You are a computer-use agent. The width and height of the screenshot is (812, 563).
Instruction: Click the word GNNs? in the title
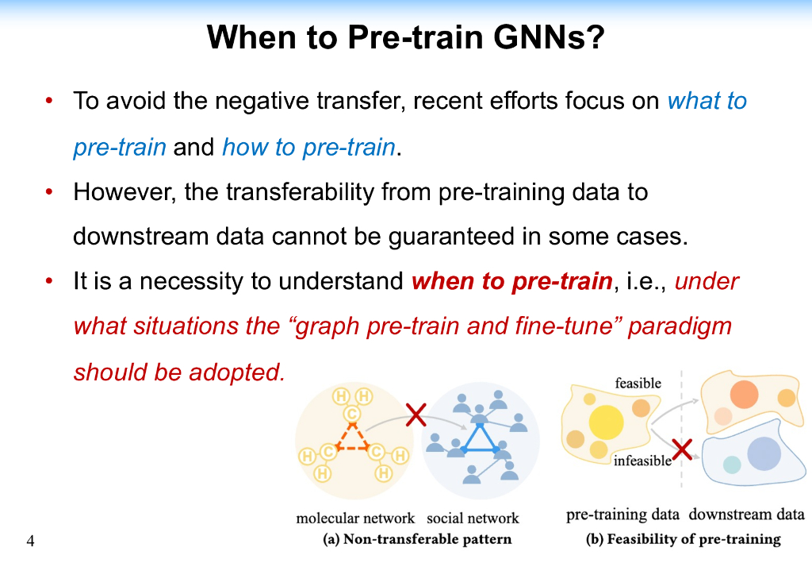click(549, 37)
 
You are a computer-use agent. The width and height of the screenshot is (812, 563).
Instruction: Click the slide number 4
click(31, 541)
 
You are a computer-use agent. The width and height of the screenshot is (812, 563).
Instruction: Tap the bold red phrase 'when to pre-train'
click(512, 281)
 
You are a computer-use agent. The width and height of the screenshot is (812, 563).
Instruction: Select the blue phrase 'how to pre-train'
click(308, 147)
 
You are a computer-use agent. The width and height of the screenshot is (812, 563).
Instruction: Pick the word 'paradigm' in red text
click(680, 326)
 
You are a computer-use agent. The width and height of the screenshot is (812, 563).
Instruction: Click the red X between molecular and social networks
click(416, 415)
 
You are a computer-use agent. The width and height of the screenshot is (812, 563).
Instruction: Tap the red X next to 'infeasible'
click(682, 449)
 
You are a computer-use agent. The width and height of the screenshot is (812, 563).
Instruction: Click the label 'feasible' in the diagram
click(638, 383)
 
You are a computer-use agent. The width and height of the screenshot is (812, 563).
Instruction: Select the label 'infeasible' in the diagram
click(642, 461)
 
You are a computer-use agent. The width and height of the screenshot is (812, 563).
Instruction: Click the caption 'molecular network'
click(355, 518)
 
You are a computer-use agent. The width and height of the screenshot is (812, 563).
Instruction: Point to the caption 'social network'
click(473, 518)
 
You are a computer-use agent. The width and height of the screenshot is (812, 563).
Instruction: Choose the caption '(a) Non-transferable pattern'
click(417, 539)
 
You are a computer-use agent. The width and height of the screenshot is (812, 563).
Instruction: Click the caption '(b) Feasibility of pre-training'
click(683, 539)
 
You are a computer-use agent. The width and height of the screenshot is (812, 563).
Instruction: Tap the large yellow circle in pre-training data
click(606, 422)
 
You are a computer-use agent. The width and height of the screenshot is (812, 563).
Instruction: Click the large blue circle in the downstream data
click(764, 453)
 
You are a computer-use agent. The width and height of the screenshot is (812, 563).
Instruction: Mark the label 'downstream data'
click(747, 515)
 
